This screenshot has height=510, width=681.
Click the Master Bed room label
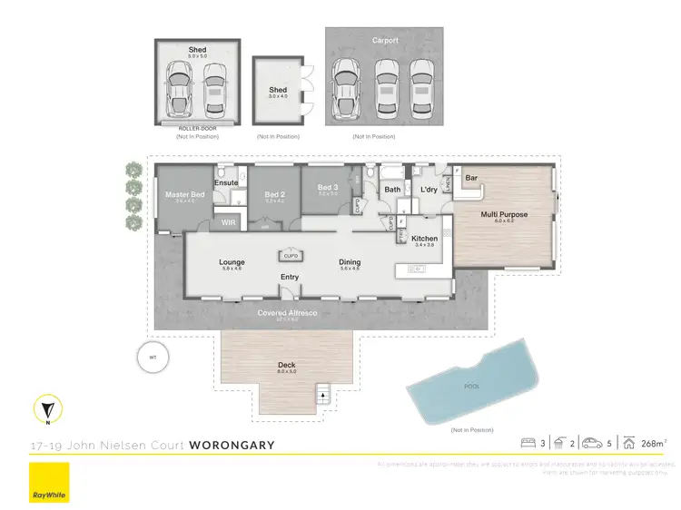(x=183, y=195)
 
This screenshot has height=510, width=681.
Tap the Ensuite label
(x=226, y=183)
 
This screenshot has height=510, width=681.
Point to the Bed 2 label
(x=275, y=194)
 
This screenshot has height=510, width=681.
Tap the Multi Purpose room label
(x=504, y=215)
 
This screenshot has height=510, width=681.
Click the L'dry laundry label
(x=429, y=189)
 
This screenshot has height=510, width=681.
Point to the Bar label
(x=471, y=178)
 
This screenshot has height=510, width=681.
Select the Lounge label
(x=232, y=262)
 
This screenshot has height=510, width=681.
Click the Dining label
(x=350, y=262)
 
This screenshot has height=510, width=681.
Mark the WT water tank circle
(x=153, y=357)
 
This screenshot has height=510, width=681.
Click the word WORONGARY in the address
(x=232, y=445)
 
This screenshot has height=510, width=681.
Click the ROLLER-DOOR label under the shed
(x=197, y=130)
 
